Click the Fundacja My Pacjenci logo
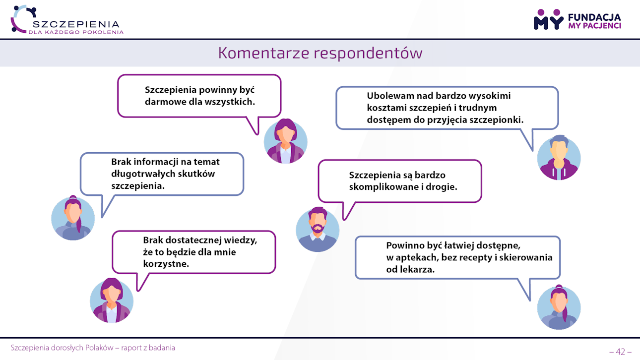point(577,20)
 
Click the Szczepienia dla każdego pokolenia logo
point(67,20)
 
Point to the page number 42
point(620,352)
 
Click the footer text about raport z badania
point(93,348)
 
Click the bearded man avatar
point(318,230)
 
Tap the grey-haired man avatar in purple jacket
point(559,158)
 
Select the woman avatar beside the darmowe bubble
point(285,141)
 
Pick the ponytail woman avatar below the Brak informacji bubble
point(73,218)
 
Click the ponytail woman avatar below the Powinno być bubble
point(559,307)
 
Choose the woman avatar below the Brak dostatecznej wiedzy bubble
point(112,300)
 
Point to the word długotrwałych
point(143,174)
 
